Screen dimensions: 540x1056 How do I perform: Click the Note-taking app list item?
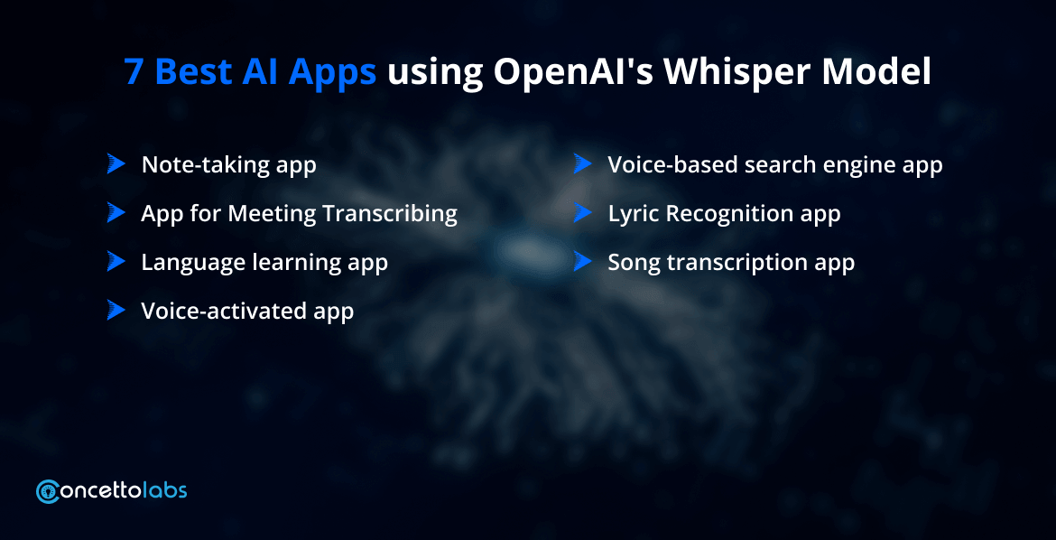point(228,165)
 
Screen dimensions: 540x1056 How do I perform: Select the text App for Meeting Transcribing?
point(299,214)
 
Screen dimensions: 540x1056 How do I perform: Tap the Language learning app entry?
point(264,263)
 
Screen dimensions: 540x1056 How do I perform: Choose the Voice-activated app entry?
point(246,312)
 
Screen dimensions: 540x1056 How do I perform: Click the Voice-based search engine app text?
point(774,165)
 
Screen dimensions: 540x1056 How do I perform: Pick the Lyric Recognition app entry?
point(724,214)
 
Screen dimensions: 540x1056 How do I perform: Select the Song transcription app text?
point(730,263)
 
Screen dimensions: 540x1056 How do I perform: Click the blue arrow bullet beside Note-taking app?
point(116,164)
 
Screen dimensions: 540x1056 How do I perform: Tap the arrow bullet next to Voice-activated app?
point(116,311)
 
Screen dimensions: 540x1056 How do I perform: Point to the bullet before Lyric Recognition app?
point(582,213)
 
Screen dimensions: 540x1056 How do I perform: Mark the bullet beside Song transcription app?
point(582,262)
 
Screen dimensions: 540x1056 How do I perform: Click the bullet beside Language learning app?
point(116,262)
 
